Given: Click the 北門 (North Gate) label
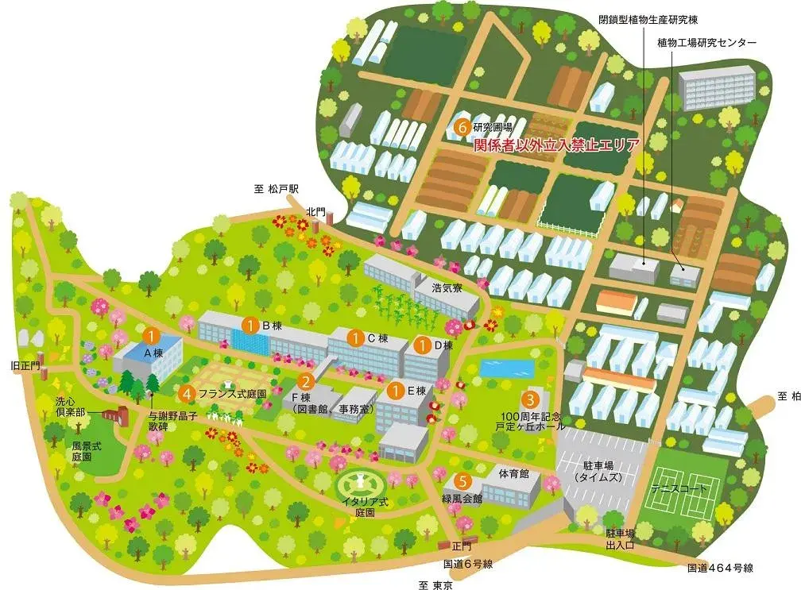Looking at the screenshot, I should [315, 211].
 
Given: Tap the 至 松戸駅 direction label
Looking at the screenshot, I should [276, 189].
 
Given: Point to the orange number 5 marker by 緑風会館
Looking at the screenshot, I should [459, 480].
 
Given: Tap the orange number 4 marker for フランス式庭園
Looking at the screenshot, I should [186, 392].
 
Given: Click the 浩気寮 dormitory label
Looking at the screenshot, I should [447, 287].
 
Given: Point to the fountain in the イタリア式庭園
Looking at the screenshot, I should [361, 481].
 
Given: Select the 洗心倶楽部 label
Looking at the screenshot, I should [70, 407].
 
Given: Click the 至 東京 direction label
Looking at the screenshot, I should [435, 584].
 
